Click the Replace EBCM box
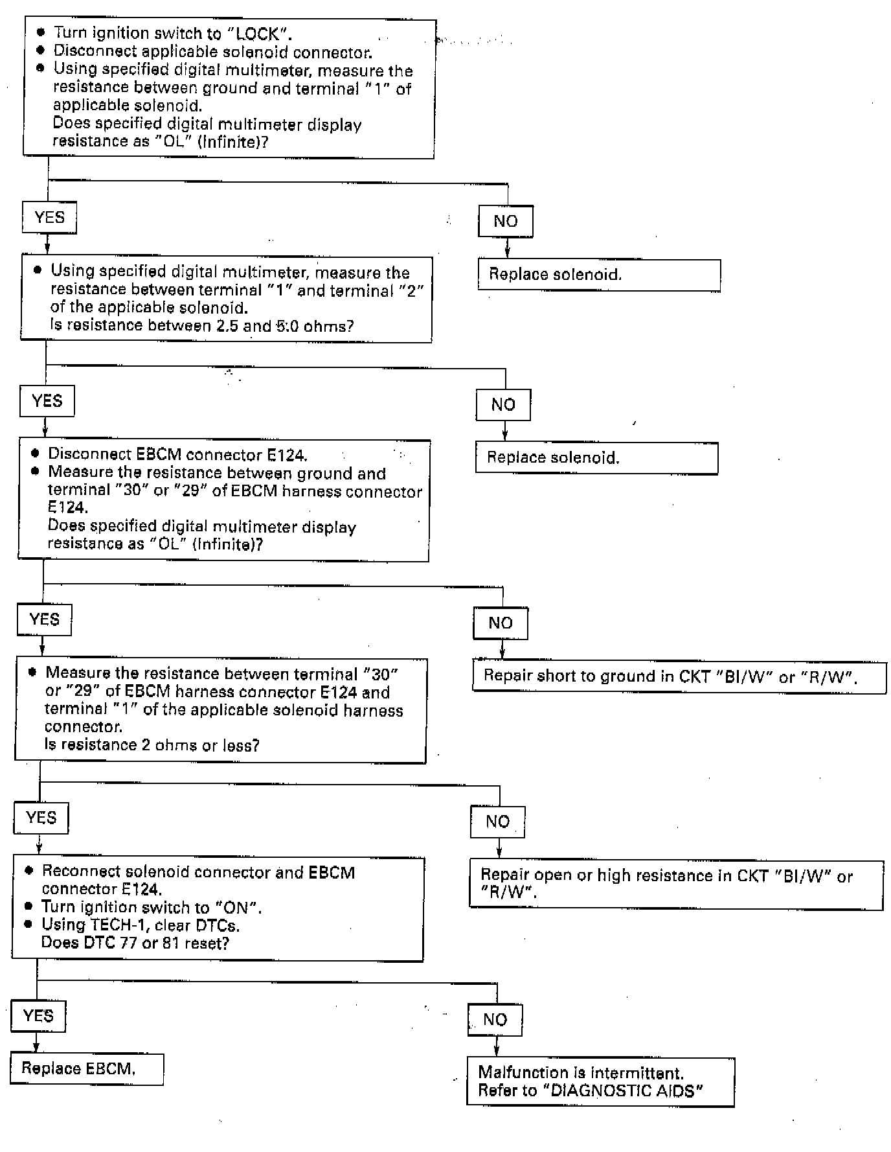[86, 1068]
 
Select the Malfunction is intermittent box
[600, 1081]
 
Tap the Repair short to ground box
[679, 676]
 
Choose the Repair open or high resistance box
[676, 884]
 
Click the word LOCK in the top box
[258, 34]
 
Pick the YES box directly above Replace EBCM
[38, 1015]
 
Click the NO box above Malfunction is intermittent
[495, 1019]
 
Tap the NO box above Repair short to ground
[501, 623]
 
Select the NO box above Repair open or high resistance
[497, 822]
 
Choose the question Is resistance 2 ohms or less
[152, 745]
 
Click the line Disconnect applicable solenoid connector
[212, 51]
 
